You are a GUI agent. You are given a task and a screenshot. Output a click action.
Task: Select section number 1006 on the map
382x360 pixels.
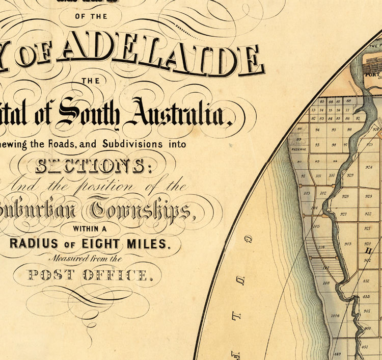335,316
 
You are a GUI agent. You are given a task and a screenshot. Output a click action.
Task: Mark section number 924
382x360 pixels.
368,167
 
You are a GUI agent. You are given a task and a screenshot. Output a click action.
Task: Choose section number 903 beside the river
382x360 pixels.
348,244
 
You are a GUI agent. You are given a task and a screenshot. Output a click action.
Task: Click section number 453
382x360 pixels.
366,296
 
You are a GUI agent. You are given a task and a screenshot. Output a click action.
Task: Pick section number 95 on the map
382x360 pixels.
334,130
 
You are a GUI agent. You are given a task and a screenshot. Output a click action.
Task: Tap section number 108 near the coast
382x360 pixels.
326,282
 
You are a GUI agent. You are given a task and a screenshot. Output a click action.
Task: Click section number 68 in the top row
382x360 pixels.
349,101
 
